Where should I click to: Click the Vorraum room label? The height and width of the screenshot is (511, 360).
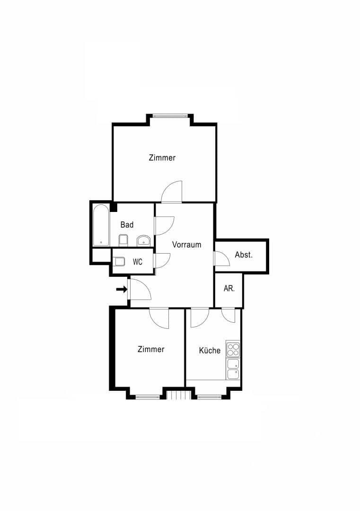coord(186,245)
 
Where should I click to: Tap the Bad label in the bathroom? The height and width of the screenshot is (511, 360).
coord(127,225)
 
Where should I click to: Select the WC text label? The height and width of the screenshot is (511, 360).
coord(138,262)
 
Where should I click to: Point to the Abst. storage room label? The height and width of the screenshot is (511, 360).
coord(244,255)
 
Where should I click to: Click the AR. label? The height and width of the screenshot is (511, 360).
coord(229,289)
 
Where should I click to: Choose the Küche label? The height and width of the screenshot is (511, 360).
coord(210,350)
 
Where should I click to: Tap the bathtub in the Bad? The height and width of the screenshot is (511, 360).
coord(101,225)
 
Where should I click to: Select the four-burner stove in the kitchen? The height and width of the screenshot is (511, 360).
coord(233,349)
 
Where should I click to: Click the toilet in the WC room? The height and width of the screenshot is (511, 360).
coord(119,261)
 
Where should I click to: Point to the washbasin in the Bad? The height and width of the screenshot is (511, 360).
coord(143,240)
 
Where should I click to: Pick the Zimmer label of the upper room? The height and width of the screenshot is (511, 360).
coord(162,158)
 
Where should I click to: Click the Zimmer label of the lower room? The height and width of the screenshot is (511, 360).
coord(151,349)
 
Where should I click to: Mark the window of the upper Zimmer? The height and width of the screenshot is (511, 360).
coord(170,115)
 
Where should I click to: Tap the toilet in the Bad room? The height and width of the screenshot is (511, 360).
coord(123,240)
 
